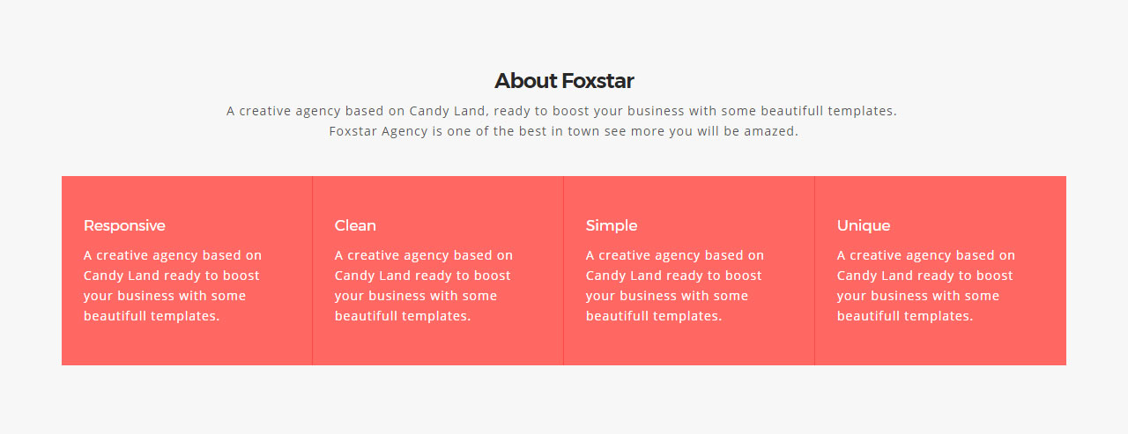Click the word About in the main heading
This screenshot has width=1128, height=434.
(x=526, y=81)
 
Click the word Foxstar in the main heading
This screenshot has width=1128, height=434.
(x=597, y=81)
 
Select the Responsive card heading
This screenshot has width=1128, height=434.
(x=124, y=225)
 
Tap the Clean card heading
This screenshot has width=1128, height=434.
(x=355, y=225)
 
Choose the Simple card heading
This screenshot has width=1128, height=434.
(x=612, y=225)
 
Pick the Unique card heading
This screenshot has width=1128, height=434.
(x=864, y=225)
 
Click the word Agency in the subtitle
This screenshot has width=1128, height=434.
(x=404, y=132)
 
